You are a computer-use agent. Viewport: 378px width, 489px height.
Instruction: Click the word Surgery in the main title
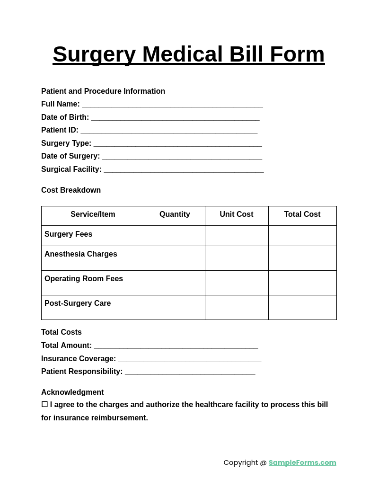pyautogui.click(x=94, y=54)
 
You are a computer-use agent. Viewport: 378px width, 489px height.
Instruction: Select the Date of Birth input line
pyautogui.click(x=175, y=118)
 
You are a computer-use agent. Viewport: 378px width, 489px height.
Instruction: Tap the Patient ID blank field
pyautogui.click(x=169, y=131)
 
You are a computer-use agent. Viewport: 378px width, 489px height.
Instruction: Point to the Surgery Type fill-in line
pyautogui.click(x=177, y=144)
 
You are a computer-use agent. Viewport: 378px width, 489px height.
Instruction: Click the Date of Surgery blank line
pyautogui.click(x=182, y=157)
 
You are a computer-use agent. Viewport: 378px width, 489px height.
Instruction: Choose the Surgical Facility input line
pyautogui.click(x=184, y=170)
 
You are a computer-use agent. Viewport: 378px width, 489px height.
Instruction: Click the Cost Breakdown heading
pyautogui.click(x=71, y=190)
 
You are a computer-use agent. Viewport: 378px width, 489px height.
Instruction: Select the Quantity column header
pyautogui.click(x=175, y=214)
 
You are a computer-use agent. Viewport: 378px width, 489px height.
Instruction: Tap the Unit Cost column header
pyautogui.click(x=237, y=214)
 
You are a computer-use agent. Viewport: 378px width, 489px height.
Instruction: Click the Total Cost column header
pyautogui.click(x=302, y=214)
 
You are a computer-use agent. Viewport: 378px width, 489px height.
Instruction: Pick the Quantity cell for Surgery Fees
pyautogui.click(x=175, y=236)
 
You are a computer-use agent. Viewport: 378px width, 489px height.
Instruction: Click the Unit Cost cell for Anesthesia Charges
pyautogui.click(x=237, y=258)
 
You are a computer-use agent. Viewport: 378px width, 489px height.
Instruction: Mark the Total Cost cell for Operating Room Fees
pyautogui.click(x=302, y=283)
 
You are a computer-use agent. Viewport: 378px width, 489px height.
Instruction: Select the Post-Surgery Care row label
pyautogui.click(x=78, y=303)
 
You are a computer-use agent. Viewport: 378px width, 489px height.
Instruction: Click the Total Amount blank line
pyautogui.click(x=176, y=346)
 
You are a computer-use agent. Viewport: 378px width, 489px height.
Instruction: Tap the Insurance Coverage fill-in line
pyautogui.click(x=189, y=359)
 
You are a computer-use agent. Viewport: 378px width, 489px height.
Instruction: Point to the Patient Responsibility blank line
pyautogui.click(x=190, y=372)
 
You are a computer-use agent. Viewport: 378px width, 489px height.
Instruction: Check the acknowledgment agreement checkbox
pyautogui.click(x=44, y=405)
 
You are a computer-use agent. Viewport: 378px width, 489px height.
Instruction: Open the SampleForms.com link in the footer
pyautogui.click(x=302, y=462)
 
